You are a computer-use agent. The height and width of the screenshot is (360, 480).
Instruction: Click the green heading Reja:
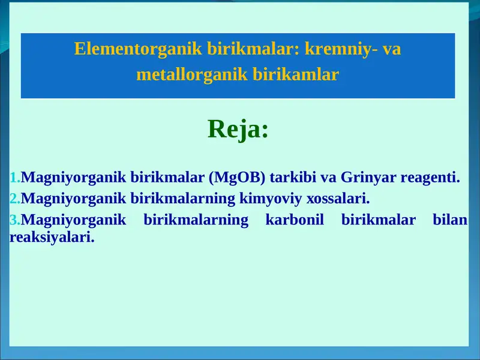click(x=238, y=129)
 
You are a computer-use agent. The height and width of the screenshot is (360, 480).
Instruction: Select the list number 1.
click(x=15, y=178)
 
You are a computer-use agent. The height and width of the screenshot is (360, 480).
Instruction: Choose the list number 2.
click(x=15, y=199)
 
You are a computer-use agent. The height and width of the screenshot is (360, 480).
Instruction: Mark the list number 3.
click(x=15, y=220)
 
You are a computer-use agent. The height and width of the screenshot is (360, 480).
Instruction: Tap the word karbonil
click(x=295, y=220)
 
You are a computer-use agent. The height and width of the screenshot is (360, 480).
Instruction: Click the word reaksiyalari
click(x=52, y=236)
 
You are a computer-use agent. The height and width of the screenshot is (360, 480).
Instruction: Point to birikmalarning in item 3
click(x=196, y=220)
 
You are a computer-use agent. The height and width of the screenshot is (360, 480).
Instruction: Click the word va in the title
click(x=392, y=49)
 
